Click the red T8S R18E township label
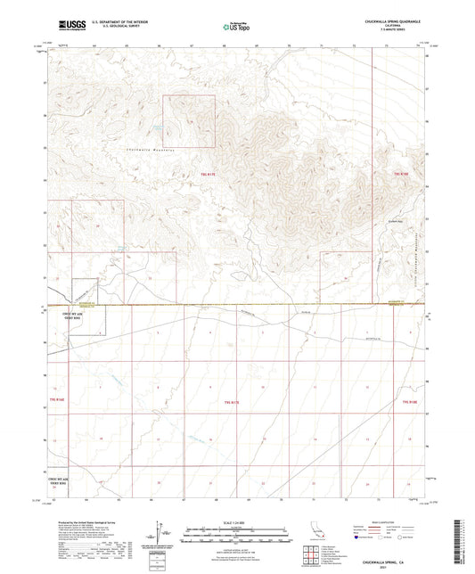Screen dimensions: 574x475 click(403, 174)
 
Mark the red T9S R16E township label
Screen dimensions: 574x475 click(56, 402)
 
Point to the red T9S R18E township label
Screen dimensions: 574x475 click(409, 403)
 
